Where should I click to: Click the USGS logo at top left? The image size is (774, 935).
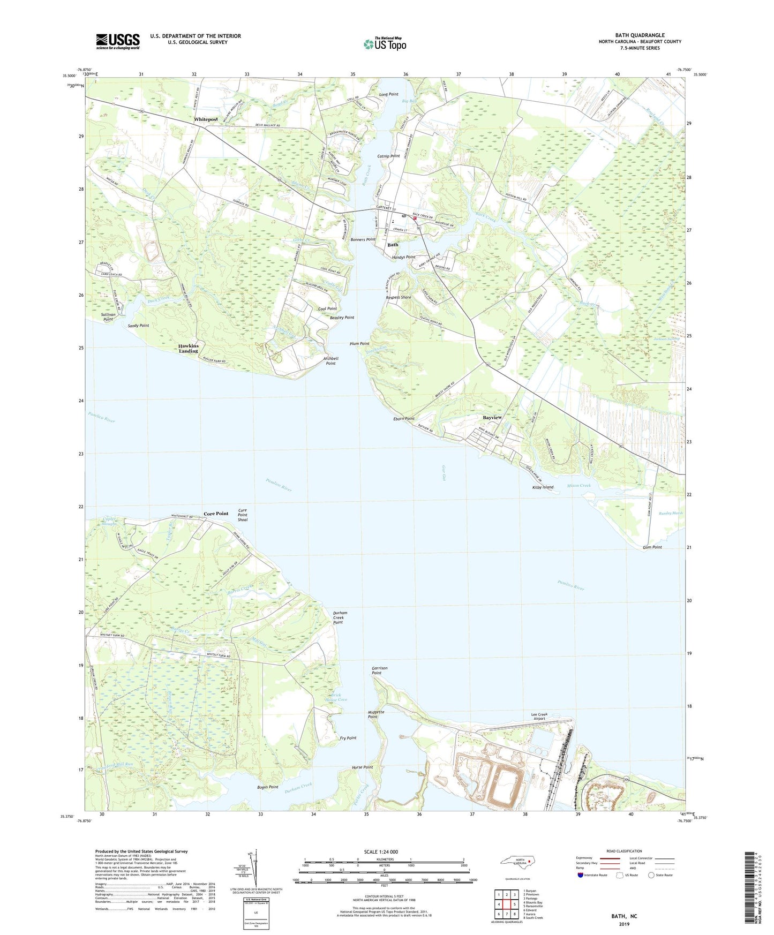[118, 41]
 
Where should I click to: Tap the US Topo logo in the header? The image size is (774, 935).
[385, 44]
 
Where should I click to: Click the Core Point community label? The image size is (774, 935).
[216, 514]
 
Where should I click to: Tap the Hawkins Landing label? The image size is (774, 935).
[189, 349]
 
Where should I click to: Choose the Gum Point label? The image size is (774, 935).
[652, 547]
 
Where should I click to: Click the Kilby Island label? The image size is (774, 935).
[542, 487]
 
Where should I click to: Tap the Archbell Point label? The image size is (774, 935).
[330, 361]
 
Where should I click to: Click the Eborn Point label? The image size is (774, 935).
[404, 419]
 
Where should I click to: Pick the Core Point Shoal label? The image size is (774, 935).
[243, 515]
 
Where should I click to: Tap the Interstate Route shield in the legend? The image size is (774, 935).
[581, 875]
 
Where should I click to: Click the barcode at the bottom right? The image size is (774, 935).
[751, 889]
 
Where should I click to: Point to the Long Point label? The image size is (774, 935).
[389, 94]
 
